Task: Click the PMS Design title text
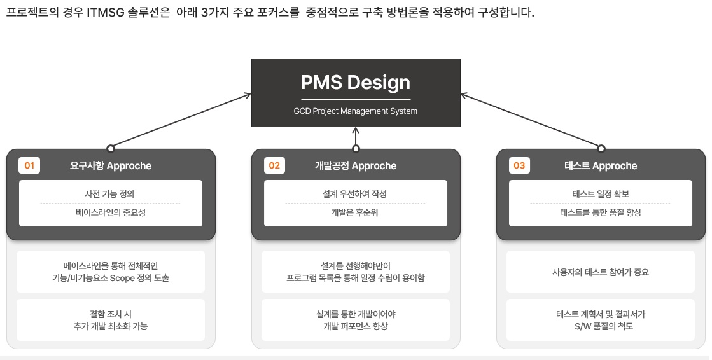(x=356, y=83)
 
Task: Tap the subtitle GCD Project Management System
(x=356, y=111)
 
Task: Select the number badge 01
(x=29, y=166)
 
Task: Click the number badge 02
(x=274, y=166)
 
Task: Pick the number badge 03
(x=519, y=166)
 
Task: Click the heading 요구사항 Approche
(x=111, y=166)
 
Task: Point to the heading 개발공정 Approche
(x=356, y=166)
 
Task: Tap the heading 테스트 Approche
(x=601, y=166)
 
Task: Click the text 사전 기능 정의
(x=109, y=194)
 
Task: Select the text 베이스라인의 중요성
(x=110, y=212)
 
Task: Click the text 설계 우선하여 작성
(x=354, y=194)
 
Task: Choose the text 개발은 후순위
(x=354, y=212)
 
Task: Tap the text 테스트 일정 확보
(x=601, y=194)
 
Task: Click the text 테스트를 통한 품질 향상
(x=601, y=212)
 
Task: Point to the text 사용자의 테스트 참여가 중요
(x=601, y=272)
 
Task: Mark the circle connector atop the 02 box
(x=356, y=148)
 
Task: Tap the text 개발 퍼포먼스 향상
(x=356, y=326)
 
